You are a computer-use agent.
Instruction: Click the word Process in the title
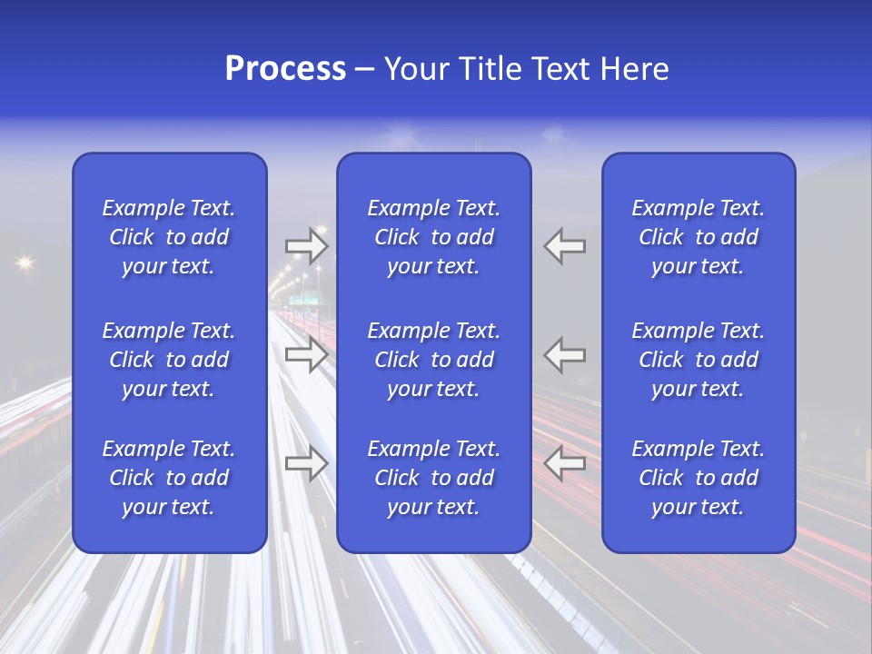(285, 69)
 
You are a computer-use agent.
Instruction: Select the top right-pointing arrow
(306, 245)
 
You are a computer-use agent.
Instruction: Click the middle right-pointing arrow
(306, 353)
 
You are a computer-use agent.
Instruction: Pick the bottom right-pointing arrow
(306, 463)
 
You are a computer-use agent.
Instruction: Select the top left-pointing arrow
(564, 245)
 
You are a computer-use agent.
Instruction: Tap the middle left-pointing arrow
(564, 353)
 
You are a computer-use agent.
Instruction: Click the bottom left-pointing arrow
(564, 463)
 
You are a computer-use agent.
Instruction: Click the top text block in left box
(169, 237)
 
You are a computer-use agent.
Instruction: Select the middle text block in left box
(169, 360)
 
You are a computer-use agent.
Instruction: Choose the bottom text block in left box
(169, 478)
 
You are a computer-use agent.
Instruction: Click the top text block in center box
(433, 237)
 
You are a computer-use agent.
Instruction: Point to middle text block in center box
(433, 360)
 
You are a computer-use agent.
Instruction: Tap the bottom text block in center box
(433, 478)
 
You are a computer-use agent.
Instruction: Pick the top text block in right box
(698, 237)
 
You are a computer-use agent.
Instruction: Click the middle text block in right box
(698, 360)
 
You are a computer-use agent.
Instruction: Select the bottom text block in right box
(698, 478)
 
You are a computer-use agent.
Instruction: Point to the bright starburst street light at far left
(24, 263)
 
